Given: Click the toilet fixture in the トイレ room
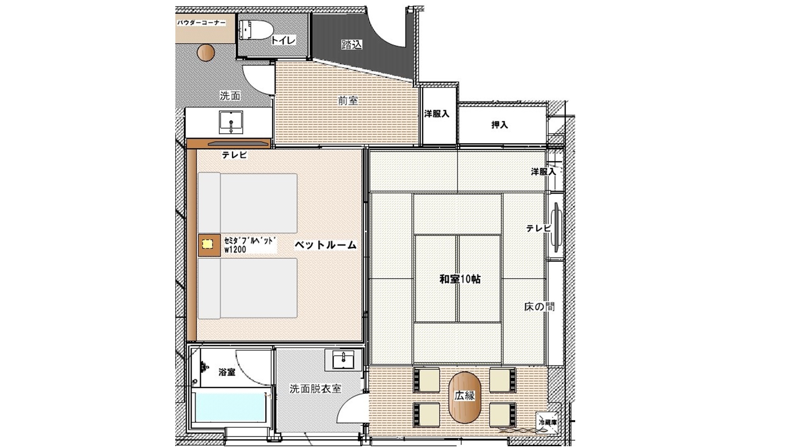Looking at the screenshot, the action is point(256,30).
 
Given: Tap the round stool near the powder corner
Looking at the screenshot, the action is point(206,53).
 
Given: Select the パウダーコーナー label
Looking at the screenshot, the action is point(201,23).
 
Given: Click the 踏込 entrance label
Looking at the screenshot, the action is point(352,44).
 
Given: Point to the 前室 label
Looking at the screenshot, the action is point(348,101).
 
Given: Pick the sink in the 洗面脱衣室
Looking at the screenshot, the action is point(343,360).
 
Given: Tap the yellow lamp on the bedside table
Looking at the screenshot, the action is point(207,244).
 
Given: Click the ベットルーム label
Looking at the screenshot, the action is point(326,245).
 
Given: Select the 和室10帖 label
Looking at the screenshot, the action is point(460,279).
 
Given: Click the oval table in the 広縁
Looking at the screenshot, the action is point(465,397).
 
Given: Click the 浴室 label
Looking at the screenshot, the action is point(227,372).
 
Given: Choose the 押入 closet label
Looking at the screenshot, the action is point(500,125).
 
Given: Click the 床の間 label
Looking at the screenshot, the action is point(539,307).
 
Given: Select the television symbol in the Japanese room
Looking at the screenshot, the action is point(556,227).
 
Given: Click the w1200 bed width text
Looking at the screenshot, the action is point(235,250).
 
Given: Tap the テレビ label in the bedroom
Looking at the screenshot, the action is point(235,155).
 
